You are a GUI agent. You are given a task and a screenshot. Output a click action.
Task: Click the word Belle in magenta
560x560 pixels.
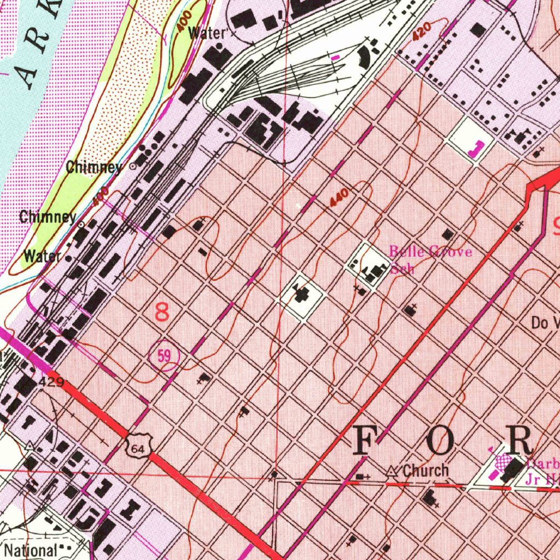[405, 252]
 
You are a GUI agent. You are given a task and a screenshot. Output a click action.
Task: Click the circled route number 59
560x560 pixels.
[164, 357]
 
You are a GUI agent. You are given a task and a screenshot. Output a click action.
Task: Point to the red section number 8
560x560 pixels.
[162, 313]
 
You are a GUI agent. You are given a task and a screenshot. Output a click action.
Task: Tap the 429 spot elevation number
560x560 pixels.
[52, 382]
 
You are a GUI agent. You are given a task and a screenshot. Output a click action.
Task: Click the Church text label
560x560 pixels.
[425, 470]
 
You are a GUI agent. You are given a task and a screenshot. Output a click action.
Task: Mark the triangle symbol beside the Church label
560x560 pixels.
[391, 471]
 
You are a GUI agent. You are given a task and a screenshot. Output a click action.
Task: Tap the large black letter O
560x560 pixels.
[441, 440]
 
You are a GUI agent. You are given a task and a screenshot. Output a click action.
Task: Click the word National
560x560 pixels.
[31, 549]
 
